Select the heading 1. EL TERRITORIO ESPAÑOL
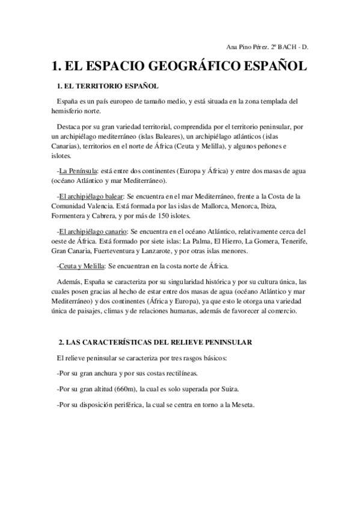pos(107,86)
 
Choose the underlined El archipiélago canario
pos(92,231)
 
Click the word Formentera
pos(72,215)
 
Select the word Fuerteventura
pos(120,250)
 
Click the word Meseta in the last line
pos(241,404)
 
